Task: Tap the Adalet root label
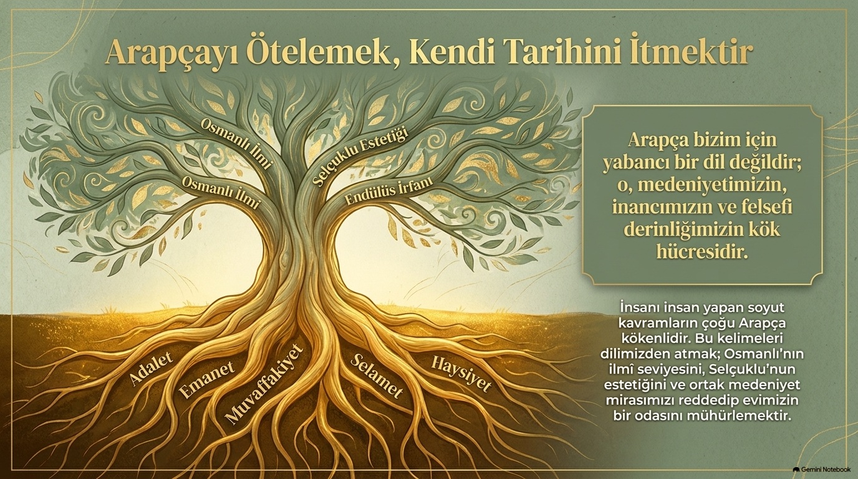(x=150, y=367)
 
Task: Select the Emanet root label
(x=206, y=380)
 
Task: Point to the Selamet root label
(x=377, y=375)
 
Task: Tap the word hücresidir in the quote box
(x=702, y=252)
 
